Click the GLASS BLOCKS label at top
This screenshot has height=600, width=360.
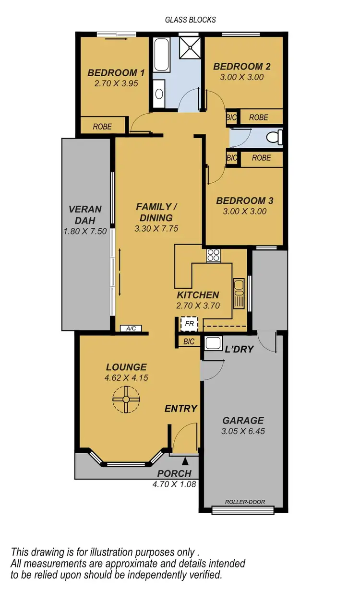191,20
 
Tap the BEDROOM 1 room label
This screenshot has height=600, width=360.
116,73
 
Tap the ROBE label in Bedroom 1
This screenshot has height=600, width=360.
102,127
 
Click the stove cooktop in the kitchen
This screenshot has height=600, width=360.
213,256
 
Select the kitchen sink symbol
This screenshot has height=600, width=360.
239,293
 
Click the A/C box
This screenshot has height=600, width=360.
131,329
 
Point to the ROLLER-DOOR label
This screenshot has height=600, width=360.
245,502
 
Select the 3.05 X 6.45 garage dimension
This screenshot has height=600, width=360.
243,431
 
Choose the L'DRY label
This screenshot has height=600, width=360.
239,349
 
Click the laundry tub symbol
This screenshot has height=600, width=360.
212,343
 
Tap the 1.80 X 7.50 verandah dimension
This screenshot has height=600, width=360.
85,231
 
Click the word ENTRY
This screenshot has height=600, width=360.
181,409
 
